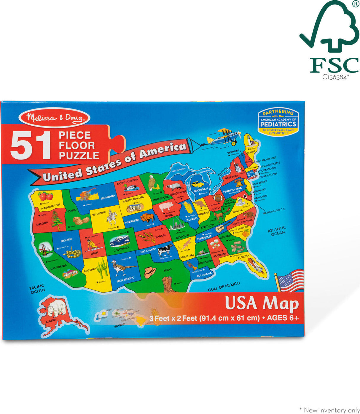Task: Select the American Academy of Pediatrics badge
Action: pos(278,122)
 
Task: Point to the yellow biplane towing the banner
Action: pos(224,136)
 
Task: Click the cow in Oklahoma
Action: pos(165,250)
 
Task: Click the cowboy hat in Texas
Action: pos(150,271)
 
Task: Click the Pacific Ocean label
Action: pos(37,289)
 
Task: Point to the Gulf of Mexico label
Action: pos(224,286)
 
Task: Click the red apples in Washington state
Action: pos(46,196)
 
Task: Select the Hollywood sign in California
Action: pos(70,273)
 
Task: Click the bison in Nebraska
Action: pos(147,218)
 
